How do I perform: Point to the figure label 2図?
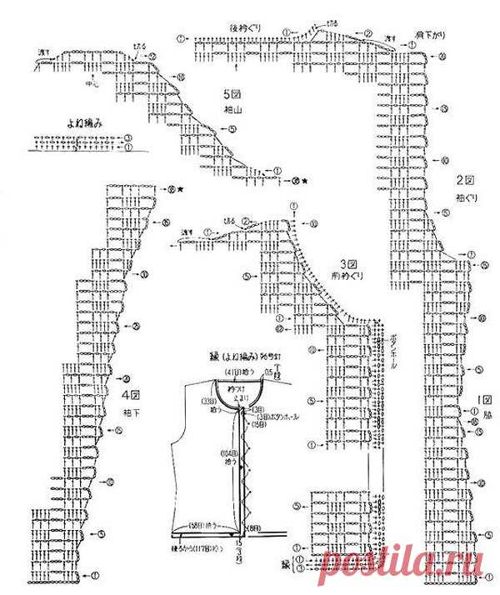463,180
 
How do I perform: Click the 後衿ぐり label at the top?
246,28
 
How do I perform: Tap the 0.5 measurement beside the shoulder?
268,369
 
